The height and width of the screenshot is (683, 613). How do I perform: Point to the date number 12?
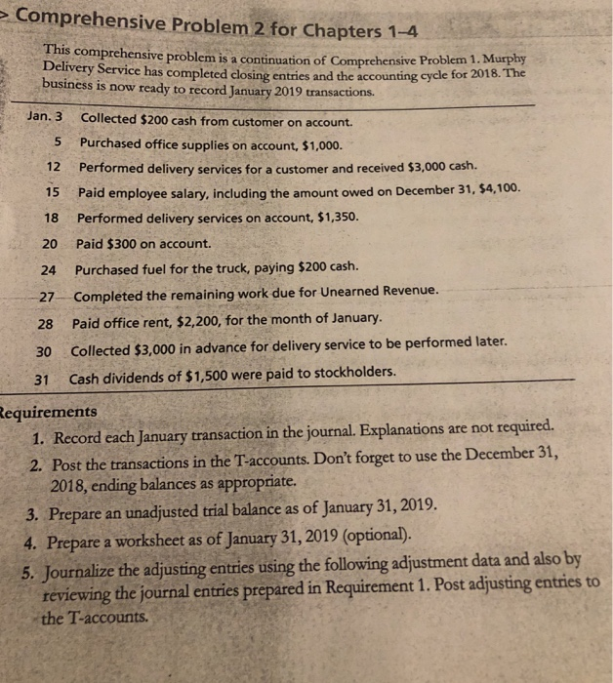pos(55,167)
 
